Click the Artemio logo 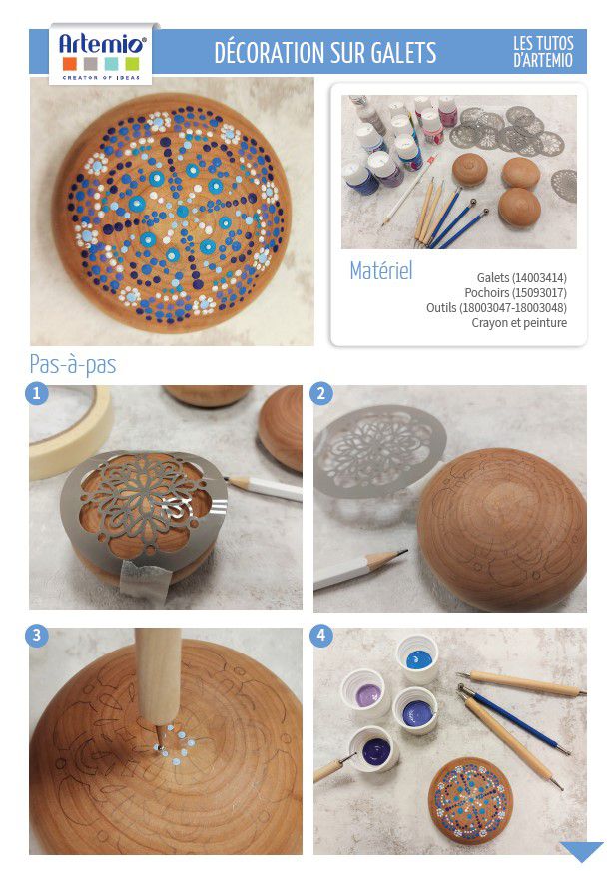point(101,54)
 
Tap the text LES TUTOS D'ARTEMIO point(542,52)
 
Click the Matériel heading point(381,271)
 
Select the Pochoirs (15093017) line point(515,292)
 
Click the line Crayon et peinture point(519,322)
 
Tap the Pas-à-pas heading point(73,365)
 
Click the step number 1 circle point(37,394)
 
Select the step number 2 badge point(320,394)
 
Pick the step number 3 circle point(37,635)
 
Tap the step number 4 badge point(320,635)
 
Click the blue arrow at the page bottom point(581,850)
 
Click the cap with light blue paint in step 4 point(418,658)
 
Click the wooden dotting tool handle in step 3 point(158,674)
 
